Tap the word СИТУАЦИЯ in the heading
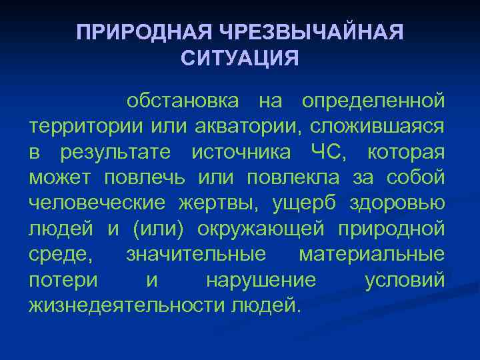point(240,59)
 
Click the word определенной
point(373,101)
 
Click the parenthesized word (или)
point(160,229)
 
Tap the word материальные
point(372,255)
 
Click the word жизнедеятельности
point(127,306)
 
